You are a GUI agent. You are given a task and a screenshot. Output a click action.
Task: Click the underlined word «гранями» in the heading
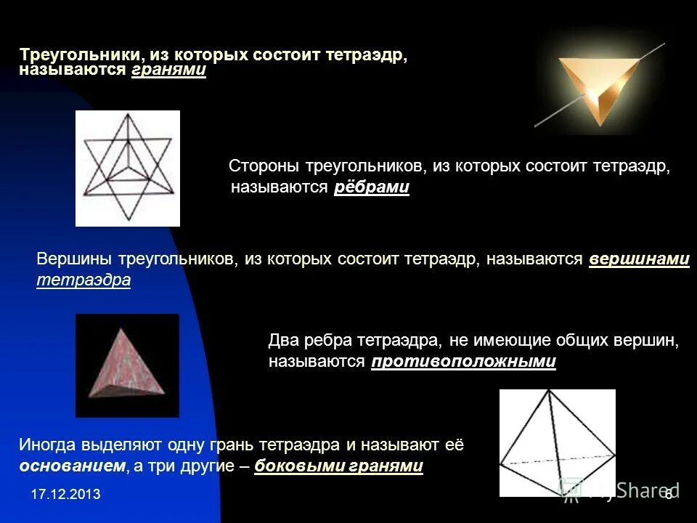[168, 70]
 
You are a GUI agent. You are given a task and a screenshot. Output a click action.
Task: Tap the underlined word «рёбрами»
[372, 188]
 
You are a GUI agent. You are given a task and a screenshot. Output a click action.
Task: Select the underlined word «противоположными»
[463, 362]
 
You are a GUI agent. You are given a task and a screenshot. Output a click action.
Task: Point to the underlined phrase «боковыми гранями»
[338, 466]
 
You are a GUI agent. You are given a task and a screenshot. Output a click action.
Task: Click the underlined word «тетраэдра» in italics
[83, 280]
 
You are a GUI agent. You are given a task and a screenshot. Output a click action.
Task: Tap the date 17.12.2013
[65, 495]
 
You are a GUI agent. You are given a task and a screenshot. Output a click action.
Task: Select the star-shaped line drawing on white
[128, 168]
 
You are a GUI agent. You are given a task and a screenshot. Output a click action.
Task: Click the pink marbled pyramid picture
[128, 365]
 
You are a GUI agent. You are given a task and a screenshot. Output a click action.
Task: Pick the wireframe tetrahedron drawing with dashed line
[557, 442]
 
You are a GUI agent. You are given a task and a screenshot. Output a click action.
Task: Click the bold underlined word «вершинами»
[639, 259]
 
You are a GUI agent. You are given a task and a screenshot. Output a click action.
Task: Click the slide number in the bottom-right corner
[668, 494]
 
